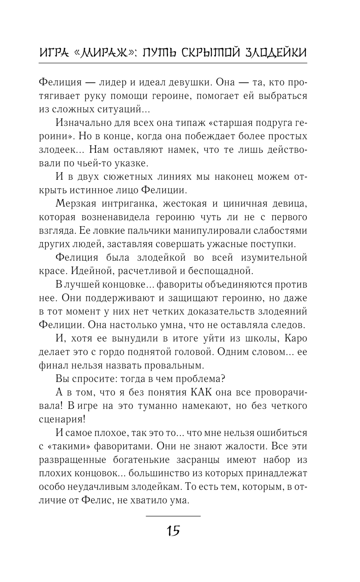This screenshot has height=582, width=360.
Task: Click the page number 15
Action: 173,530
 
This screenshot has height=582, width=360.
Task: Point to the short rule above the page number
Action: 173,516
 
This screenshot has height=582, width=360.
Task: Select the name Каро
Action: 296,339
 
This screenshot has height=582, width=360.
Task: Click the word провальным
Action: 175,366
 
